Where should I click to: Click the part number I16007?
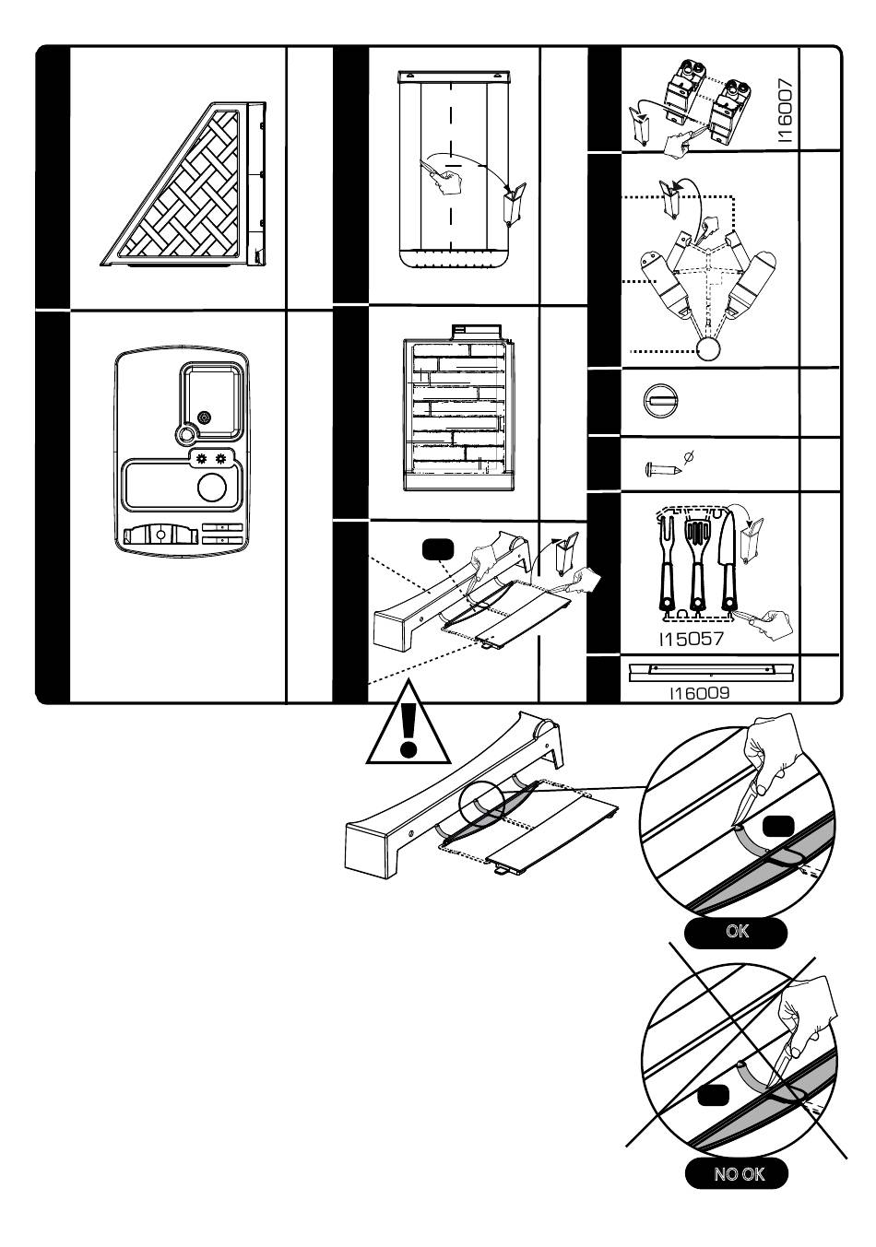[x=785, y=110]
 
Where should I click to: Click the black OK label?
[x=738, y=932]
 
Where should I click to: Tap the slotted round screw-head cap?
[x=661, y=401]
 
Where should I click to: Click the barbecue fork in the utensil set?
[x=667, y=563]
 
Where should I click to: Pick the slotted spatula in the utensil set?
[x=697, y=563]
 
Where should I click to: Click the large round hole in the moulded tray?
[x=214, y=487]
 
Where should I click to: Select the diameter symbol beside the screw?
[x=689, y=455]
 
